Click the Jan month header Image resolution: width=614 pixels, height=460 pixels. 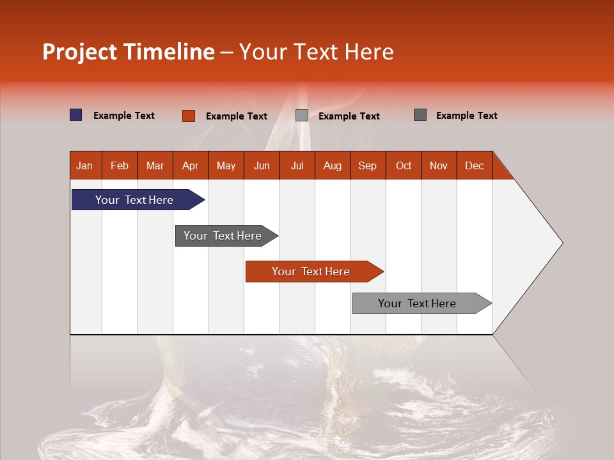click(x=84, y=165)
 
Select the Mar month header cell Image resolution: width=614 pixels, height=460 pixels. click(x=155, y=165)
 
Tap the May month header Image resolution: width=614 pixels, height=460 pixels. click(x=226, y=165)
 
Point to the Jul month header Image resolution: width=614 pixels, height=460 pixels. click(x=297, y=165)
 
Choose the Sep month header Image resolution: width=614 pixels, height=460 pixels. click(x=367, y=165)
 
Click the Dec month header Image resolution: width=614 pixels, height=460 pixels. click(x=474, y=165)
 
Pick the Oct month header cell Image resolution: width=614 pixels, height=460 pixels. click(x=404, y=165)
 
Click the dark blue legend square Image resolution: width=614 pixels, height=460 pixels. click(x=76, y=115)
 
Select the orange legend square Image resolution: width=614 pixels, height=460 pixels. click(x=188, y=116)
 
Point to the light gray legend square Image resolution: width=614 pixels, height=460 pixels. click(x=302, y=116)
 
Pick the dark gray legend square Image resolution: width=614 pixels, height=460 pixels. click(x=420, y=115)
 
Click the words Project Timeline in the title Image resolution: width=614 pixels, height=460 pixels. click(x=129, y=52)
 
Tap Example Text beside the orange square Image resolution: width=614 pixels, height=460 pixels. click(x=237, y=116)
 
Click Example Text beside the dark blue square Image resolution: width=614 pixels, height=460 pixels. click(x=124, y=116)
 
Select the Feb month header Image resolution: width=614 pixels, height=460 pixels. click(x=120, y=165)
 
